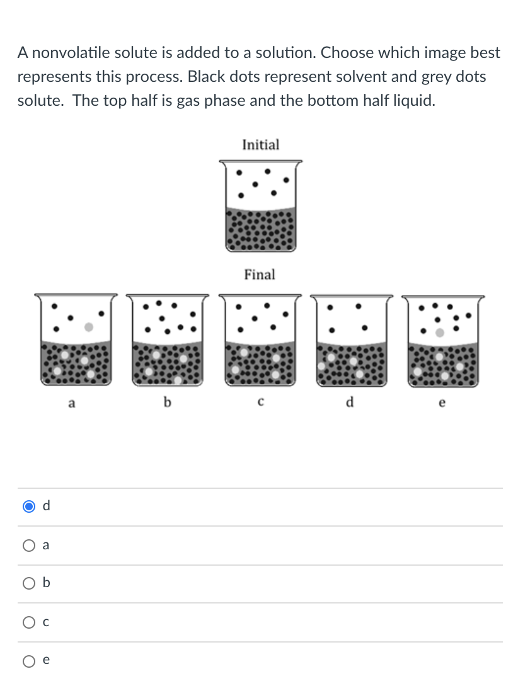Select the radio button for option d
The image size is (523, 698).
[28, 506]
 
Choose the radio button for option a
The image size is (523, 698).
[28, 546]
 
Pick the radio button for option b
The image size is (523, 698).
[28, 584]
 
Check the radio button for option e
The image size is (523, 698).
[28, 661]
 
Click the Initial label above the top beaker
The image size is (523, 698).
[260, 145]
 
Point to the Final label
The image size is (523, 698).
[260, 275]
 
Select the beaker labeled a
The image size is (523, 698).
[76, 339]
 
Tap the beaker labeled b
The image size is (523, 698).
[167, 339]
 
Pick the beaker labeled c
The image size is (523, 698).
[260, 339]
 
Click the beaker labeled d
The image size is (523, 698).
[351, 339]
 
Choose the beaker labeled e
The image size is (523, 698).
[443, 339]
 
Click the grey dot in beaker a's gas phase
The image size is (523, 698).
[89, 328]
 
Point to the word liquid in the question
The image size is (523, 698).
[415, 101]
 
